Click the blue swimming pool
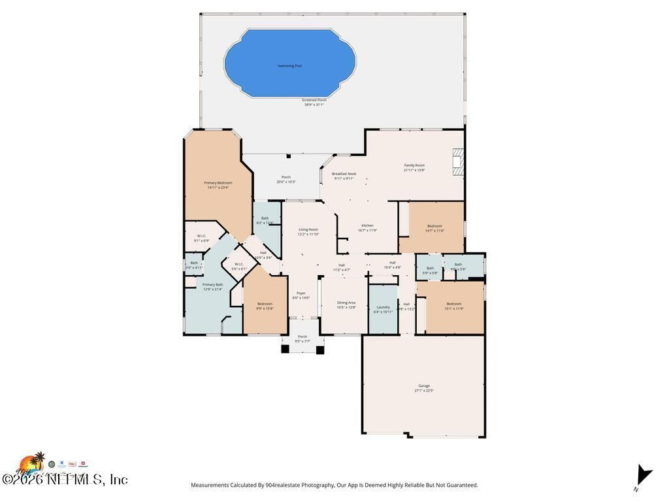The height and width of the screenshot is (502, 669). pyautogui.click(x=290, y=63)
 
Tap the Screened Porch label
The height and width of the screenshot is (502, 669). pyautogui.click(x=314, y=102)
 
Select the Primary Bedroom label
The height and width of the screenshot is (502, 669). pyautogui.click(x=218, y=185)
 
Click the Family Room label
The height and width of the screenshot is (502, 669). pyautogui.click(x=414, y=167)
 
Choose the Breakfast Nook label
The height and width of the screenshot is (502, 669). pyautogui.click(x=344, y=176)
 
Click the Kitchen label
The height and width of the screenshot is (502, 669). pyautogui.click(x=367, y=227)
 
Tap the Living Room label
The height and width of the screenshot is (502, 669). pyautogui.click(x=308, y=231)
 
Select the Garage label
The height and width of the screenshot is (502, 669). pyautogui.click(x=424, y=388)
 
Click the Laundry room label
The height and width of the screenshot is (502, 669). pyautogui.click(x=383, y=309)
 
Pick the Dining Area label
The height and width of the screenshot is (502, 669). pyautogui.click(x=346, y=305)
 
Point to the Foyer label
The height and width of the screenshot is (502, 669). pyautogui.click(x=301, y=295)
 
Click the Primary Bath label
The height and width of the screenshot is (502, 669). pyautogui.click(x=213, y=286)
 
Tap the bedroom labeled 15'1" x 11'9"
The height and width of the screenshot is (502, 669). pyautogui.click(x=454, y=305)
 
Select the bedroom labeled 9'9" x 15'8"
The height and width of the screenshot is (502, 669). pyautogui.click(x=265, y=305)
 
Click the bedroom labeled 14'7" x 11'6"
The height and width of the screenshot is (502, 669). pyautogui.click(x=434, y=228)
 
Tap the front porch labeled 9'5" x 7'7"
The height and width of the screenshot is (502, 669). pyautogui.click(x=302, y=339)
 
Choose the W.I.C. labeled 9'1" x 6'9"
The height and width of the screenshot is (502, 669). pyautogui.click(x=202, y=238)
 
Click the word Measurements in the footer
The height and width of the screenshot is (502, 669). pyautogui.click(x=210, y=485)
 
